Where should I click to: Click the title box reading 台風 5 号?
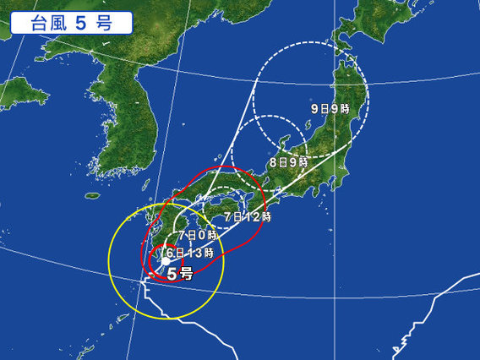tap(71, 23)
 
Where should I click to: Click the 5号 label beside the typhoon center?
tap(179, 274)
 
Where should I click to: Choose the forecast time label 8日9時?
tap(287, 161)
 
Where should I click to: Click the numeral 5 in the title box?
tap(78, 23)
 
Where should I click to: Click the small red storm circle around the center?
tap(150, 259)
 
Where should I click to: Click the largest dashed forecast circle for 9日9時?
tap(366, 93)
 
